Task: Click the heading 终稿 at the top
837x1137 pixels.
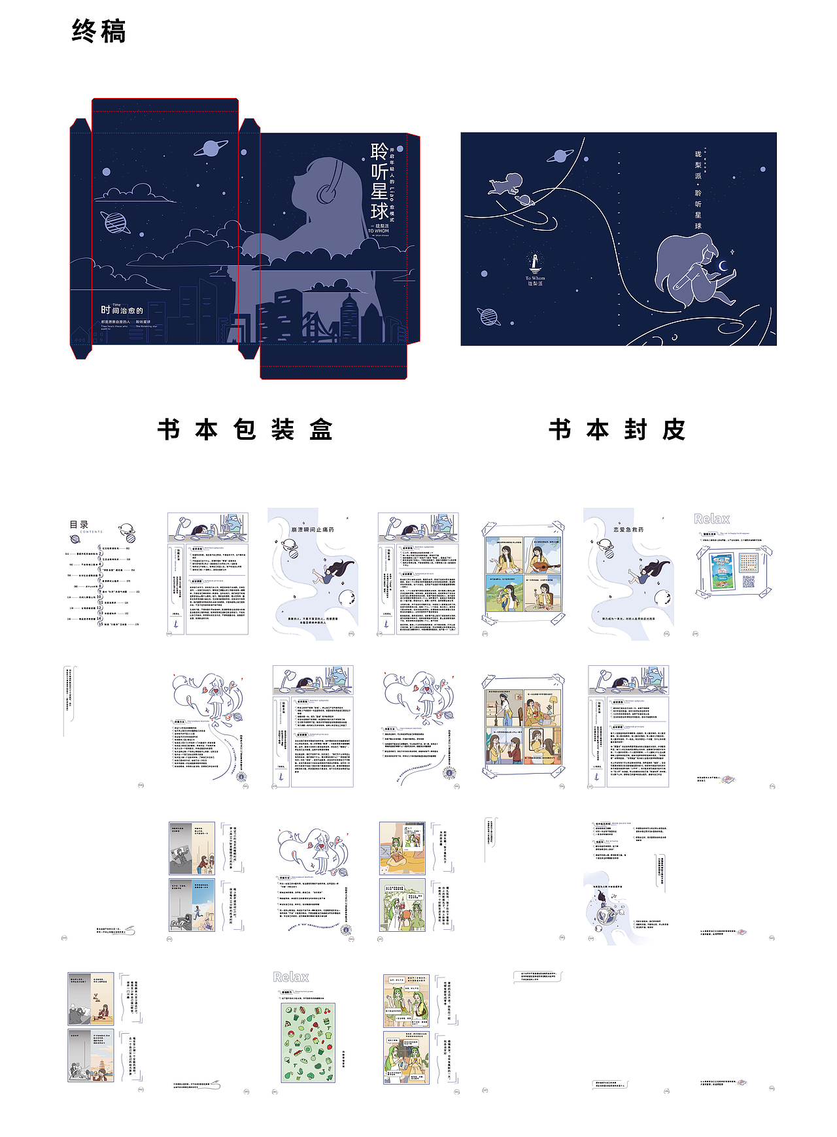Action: point(99,31)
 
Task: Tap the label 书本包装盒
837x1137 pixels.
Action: point(245,429)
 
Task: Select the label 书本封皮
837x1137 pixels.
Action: point(617,429)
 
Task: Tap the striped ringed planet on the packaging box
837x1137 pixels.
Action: point(117,222)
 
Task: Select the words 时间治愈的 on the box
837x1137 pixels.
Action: point(122,310)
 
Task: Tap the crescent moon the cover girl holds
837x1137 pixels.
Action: point(723,266)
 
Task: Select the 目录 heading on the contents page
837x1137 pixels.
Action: point(79,524)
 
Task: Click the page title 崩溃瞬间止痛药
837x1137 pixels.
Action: point(313,529)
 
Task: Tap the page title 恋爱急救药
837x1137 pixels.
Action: point(628,529)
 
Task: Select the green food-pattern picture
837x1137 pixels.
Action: point(308,1042)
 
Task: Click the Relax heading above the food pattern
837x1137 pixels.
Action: point(291,977)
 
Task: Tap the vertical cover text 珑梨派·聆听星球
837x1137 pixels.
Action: point(698,190)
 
